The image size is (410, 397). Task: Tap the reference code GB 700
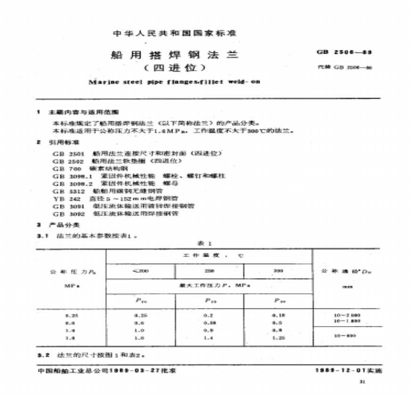coord(62,168)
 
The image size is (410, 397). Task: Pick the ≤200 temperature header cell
coord(141,271)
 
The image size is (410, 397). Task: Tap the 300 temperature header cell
coord(278,271)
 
